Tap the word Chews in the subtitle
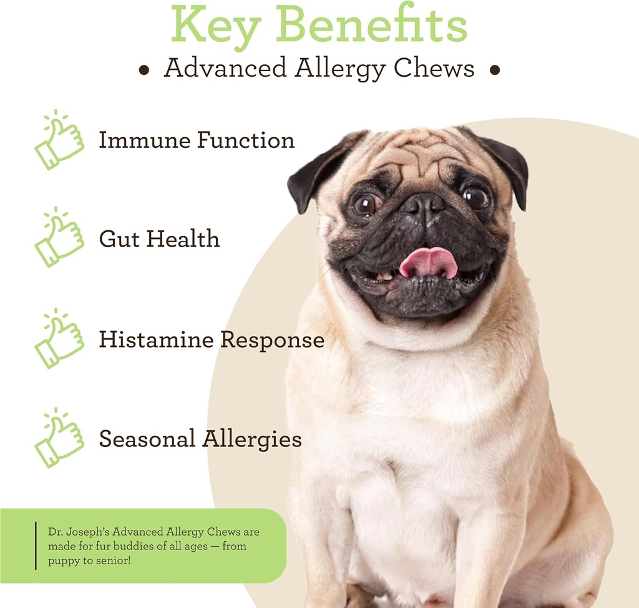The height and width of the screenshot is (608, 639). [x=434, y=69]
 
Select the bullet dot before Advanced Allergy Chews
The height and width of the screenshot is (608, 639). [x=144, y=71]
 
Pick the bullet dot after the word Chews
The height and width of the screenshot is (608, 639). [x=495, y=71]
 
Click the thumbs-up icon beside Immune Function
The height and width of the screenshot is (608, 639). [x=59, y=140]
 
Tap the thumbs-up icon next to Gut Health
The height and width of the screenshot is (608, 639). [x=59, y=238]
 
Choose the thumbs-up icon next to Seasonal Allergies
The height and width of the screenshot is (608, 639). [x=59, y=438]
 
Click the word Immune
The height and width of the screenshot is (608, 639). [x=144, y=140]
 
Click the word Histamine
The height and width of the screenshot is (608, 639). [x=156, y=340]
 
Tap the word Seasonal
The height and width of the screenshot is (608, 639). [x=146, y=439]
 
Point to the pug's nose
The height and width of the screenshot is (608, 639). [x=423, y=205]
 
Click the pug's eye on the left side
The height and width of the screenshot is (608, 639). [x=365, y=203]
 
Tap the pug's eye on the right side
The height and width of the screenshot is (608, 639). [x=476, y=197]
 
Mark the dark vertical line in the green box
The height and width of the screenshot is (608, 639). [x=36, y=546]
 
